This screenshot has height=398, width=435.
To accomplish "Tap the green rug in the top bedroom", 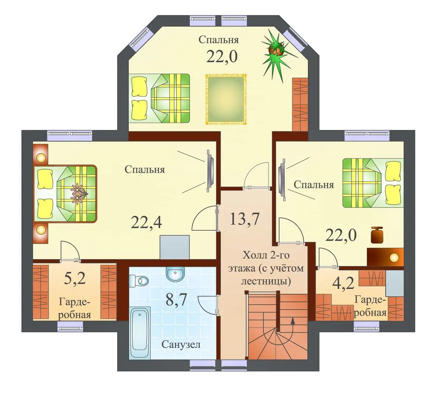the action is tap(225, 99).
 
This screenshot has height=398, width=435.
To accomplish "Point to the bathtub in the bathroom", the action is tap(140, 333).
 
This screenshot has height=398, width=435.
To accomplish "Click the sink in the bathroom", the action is tap(175, 273).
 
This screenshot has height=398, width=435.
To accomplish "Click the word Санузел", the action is tap(181, 345).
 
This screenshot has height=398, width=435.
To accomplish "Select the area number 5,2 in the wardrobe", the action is tap(75, 278).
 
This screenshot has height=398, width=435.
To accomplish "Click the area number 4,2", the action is tap(343, 283).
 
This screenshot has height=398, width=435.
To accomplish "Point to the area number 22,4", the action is tap(146, 222).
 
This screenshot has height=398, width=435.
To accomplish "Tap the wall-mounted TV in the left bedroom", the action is tap(210, 171).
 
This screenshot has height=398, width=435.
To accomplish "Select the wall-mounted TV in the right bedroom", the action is tap(283, 179).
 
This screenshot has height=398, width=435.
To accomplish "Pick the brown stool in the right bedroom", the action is tap(377, 235).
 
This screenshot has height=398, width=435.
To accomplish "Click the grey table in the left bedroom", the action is tap(175, 247).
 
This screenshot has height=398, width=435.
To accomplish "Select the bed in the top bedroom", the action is tap(160, 98).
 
